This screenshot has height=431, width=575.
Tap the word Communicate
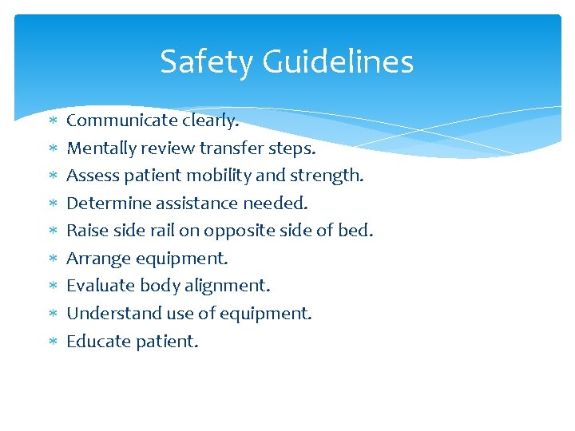pos(111,121)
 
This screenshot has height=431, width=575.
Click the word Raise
pos(86,231)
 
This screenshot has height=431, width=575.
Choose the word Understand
pos(111,314)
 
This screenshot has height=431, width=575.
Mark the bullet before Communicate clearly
pos(52,121)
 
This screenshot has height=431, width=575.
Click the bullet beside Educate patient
pos(52,342)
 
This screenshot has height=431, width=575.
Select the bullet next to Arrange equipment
pos(52,259)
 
